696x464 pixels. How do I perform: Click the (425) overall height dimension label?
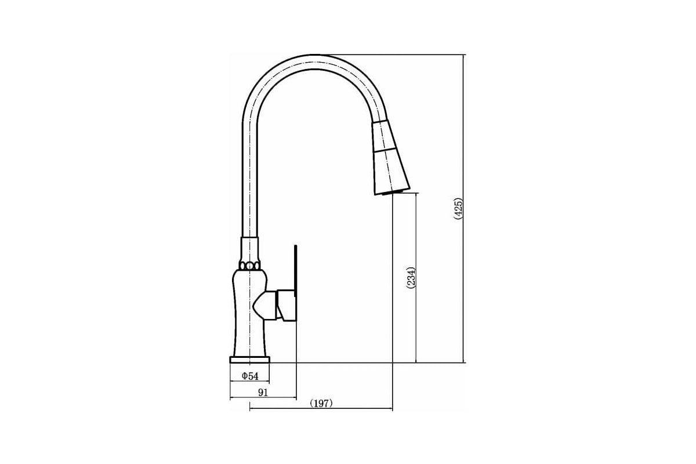[458, 209]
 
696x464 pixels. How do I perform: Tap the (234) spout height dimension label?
[411, 278]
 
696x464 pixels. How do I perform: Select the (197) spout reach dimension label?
[321, 404]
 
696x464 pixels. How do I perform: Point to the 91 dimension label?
[263, 393]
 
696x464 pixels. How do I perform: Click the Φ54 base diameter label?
[250, 376]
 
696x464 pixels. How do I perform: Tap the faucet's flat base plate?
[250, 360]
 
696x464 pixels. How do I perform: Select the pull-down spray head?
[391, 157]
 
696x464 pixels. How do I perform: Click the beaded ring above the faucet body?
[249, 266]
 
